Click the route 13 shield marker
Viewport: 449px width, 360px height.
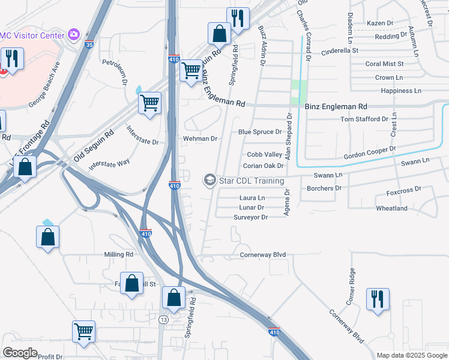(x=163, y=320)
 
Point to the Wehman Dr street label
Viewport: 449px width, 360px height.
(x=200, y=139)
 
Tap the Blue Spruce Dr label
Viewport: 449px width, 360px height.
(x=260, y=132)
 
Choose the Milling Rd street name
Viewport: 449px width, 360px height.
(x=119, y=254)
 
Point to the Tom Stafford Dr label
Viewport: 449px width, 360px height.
(x=364, y=119)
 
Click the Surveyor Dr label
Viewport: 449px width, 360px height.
(x=250, y=217)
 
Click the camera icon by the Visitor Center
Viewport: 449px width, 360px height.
(x=74, y=35)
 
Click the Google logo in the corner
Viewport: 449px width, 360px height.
(x=20, y=353)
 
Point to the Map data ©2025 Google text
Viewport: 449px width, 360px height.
(x=411, y=355)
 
